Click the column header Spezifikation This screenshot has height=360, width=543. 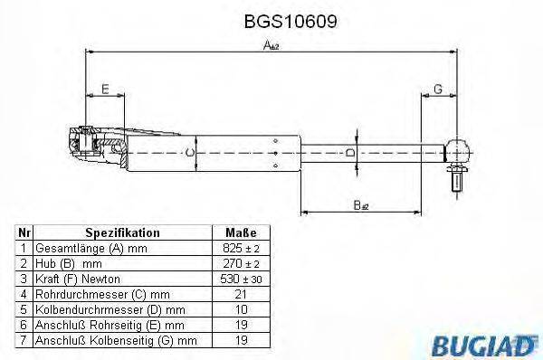tap(122, 232)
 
